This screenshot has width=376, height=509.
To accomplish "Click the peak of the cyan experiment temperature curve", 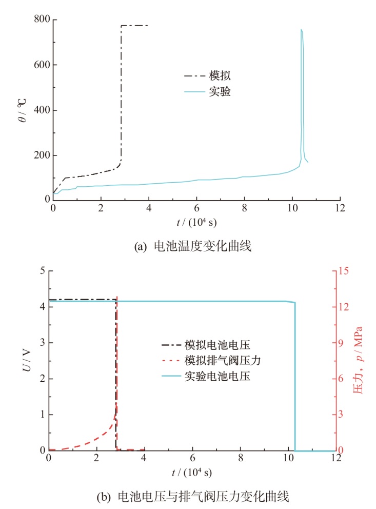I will pos(301,30).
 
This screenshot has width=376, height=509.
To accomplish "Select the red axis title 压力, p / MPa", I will pos(359,360).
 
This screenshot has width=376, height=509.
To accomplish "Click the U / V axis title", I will pos(27,361).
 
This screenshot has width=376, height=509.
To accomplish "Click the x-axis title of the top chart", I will pos(196,223).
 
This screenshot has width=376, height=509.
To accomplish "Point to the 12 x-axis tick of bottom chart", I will pos(336,459).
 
